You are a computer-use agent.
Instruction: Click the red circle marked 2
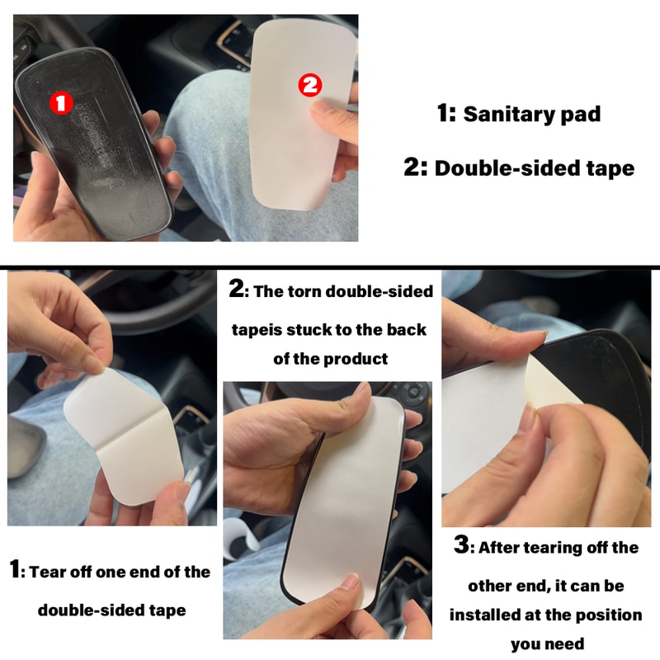click(309, 83)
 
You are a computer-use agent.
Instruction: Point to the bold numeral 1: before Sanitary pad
click(446, 113)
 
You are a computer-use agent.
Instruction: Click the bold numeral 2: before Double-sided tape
click(416, 167)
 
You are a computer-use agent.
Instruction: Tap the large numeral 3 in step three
click(463, 546)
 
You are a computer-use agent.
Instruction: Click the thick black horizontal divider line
click(330, 266)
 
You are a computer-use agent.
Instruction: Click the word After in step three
click(502, 548)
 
